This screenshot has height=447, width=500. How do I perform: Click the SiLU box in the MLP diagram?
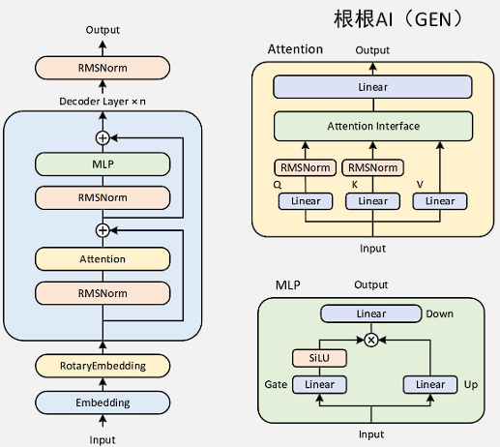319,358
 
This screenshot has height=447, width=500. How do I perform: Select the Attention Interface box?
373,126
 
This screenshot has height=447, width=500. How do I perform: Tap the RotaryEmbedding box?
103,366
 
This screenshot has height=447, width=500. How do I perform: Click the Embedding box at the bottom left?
103,402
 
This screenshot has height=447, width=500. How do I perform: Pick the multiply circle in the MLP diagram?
371,340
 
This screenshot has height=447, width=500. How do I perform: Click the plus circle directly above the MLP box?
103,138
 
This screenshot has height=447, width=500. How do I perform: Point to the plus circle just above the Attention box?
103,230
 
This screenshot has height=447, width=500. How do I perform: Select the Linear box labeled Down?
371,313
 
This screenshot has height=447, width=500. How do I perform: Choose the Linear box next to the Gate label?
319,384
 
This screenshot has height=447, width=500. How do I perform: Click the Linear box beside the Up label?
430,384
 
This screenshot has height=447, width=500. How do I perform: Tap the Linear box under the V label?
440,201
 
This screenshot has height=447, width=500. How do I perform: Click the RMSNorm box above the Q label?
306,167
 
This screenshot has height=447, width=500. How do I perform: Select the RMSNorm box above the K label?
372,167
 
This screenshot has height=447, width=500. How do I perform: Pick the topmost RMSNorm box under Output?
103,68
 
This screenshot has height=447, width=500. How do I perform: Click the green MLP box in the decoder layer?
103,164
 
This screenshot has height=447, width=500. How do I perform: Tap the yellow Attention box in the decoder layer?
103,259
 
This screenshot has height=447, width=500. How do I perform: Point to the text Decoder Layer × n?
103,102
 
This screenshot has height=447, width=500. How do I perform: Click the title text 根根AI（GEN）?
399,19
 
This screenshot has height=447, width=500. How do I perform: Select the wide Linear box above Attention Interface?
372,87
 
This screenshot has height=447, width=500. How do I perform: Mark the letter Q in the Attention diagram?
278,185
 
